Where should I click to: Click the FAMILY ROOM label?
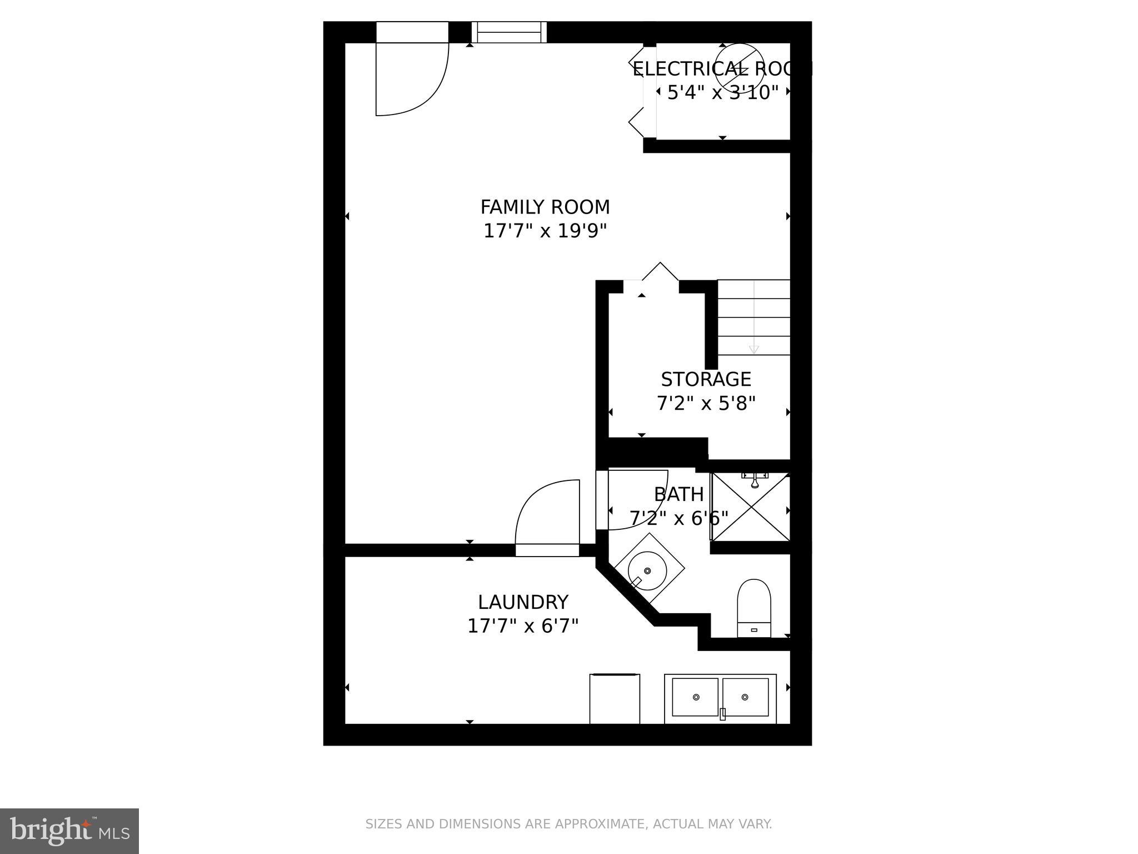[545, 207]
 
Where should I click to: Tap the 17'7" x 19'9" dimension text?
[545, 231]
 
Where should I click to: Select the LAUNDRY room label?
[523, 602]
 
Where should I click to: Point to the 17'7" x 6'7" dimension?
[523, 627]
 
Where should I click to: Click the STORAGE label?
[706, 379]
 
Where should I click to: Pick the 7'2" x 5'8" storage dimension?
[706, 404]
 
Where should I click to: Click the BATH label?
[678, 494]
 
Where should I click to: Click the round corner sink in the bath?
[647, 570]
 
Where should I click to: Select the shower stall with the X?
[750, 507]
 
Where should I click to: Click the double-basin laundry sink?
[720, 698]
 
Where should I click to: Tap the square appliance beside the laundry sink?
[615, 698]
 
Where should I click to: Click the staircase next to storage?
[753, 317]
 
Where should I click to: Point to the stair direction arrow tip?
[753, 351]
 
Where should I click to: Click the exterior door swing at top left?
[411, 78]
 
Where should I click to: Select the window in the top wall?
[509, 32]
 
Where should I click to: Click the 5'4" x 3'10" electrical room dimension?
[722, 92]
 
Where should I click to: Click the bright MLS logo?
[69, 831]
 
